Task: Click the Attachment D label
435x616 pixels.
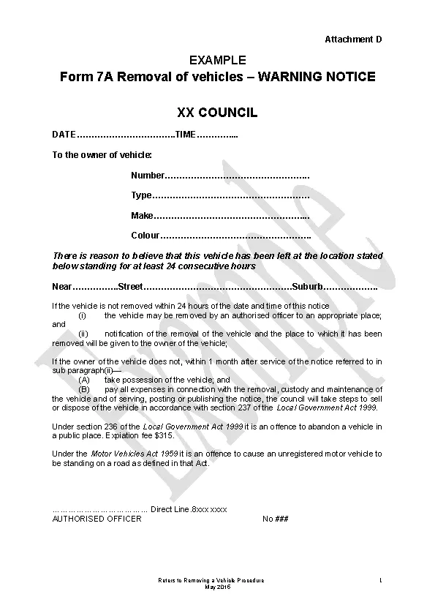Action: [x=353, y=39]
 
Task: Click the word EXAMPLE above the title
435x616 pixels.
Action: [x=218, y=60]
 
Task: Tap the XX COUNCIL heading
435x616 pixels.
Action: [x=217, y=113]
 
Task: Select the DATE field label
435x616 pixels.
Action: [x=64, y=135]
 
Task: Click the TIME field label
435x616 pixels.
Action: [x=186, y=135]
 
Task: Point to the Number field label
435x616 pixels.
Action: [x=148, y=176]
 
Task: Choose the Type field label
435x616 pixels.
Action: [x=141, y=195]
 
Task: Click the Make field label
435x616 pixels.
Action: [x=142, y=216]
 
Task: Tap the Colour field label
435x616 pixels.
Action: [x=145, y=236]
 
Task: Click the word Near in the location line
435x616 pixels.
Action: [x=62, y=286]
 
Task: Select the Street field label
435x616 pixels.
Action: [x=131, y=286]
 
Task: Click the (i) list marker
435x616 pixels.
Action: [x=83, y=315]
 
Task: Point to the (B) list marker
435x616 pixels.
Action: [x=84, y=389]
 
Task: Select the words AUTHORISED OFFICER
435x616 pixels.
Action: [x=97, y=519]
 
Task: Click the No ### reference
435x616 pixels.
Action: [x=276, y=519]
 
